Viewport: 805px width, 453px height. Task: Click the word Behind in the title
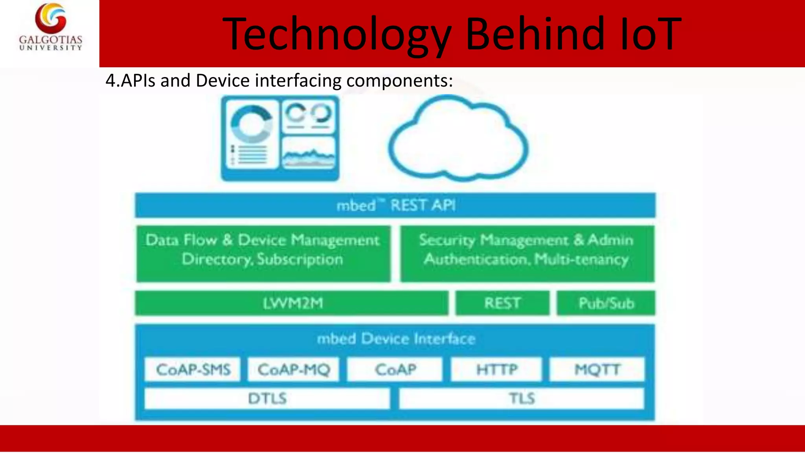pyautogui.click(x=535, y=34)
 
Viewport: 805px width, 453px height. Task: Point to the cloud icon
pyautogui.click(x=458, y=140)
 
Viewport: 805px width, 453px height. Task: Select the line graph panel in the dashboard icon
pyautogui.click(x=309, y=153)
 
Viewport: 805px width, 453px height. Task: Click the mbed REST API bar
pyautogui.click(x=395, y=205)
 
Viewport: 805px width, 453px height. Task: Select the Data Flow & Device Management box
pyautogui.click(x=263, y=253)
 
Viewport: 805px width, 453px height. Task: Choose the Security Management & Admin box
pyautogui.click(x=527, y=253)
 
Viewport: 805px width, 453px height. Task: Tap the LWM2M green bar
pyautogui.click(x=292, y=303)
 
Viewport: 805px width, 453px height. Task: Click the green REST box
pyautogui.click(x=502, y=303)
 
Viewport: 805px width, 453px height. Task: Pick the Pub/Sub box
pyautogui.click(x=606, y=303)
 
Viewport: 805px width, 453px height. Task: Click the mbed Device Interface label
pyautogui.click(x=396, y=339)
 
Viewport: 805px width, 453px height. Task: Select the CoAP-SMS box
pyautogui.click(x=193, y=369)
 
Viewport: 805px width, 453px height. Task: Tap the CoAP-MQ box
pyautogui.click(x=293, y=369)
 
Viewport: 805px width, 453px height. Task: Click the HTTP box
pyautogui.click(x=496, y=369)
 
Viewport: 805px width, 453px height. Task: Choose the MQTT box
pyautogui.click(x=597, y=369)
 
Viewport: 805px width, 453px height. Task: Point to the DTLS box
pyautogui.click(x=267, y=398)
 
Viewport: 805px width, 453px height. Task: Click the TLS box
pyautogui.click(x=522, y=398)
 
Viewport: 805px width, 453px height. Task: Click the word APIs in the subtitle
pyautogui.click(x=138, y=81)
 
